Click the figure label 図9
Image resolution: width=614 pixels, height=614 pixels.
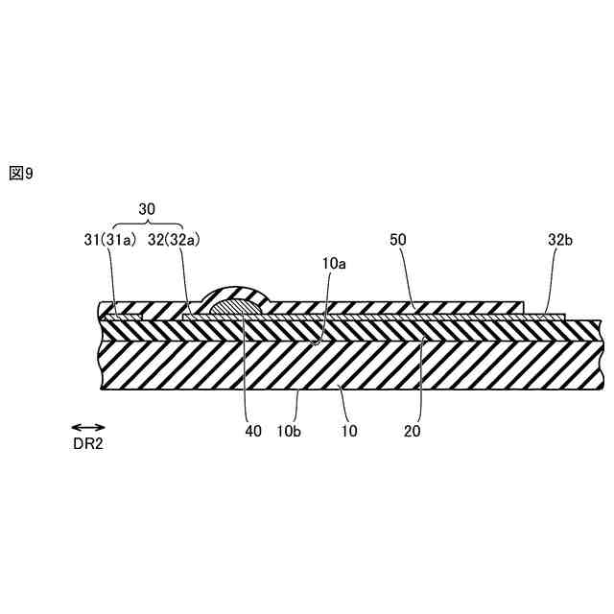[21, 174]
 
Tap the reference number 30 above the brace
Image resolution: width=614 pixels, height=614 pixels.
[147, 207]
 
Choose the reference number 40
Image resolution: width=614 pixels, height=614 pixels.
[253, 432]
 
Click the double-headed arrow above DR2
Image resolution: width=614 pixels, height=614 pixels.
[87, 427]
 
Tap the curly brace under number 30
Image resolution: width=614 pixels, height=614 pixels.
[147, 224]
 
